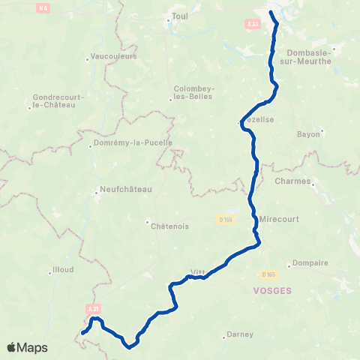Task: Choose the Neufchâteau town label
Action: (125, 189)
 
